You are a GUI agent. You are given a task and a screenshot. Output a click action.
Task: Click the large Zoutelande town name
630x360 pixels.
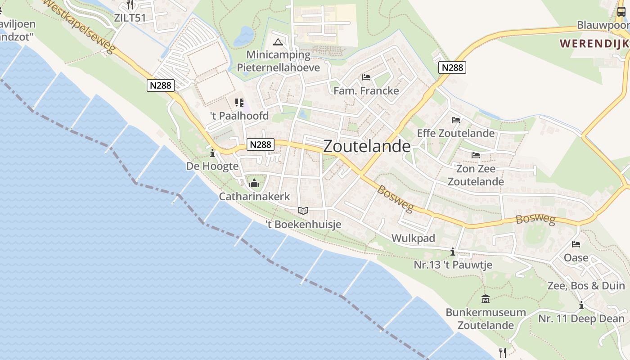click(x=367, y=146)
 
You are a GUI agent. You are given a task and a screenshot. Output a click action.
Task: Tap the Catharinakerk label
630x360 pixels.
click(x=255, y=197)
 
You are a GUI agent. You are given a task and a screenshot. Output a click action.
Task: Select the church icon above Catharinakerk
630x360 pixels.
click(x=254, y=183)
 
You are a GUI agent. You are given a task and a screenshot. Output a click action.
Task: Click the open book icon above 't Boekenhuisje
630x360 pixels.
click(x=303, y=210)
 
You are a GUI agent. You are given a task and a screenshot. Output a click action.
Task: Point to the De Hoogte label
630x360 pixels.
click(x=212, y=166)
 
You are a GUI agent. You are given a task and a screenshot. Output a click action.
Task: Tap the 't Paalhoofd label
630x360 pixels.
click(x=239, y=116)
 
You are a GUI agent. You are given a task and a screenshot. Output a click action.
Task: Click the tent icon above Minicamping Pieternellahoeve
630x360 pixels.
click(x=278, y=42)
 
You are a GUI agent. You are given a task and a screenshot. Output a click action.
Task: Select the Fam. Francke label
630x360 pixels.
click(x=366, y=90)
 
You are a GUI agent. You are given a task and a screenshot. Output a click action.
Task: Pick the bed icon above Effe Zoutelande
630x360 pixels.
click(x=456, y=120)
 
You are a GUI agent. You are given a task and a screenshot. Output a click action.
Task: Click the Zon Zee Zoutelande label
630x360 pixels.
click(x=476, y=175)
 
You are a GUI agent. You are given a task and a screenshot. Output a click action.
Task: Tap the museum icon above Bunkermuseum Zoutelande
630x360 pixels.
click(x=486, y=299)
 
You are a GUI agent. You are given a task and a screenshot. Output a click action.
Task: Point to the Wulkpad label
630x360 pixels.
click(x=414, y=238)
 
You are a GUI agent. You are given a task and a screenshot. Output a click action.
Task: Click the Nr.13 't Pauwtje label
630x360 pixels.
click(x=453, y=265)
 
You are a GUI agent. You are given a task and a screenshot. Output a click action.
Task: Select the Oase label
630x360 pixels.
click(x=576, y=257)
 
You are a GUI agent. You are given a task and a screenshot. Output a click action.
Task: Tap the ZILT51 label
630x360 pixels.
click(x=130, y=18)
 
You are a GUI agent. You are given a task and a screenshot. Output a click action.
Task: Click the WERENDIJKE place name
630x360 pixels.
click(x=594, y=44)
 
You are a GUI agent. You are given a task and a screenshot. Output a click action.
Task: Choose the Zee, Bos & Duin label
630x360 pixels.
click(x=586, y=286)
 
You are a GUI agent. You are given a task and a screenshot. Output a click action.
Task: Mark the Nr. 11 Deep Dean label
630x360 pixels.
click(x=581, y=319)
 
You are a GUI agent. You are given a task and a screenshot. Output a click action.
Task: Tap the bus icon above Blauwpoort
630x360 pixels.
click(x=621, y=12)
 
